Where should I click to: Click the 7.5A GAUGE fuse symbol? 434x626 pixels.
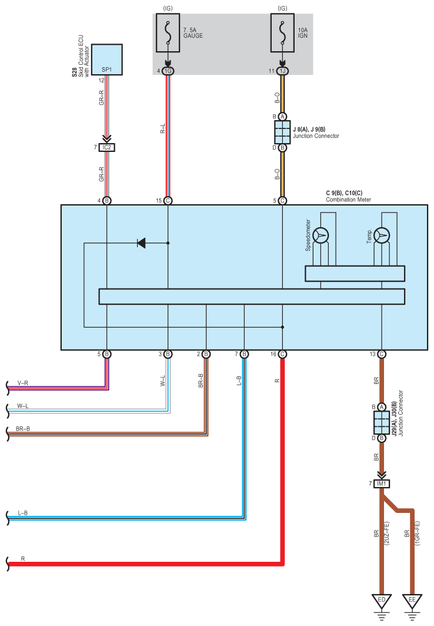168,33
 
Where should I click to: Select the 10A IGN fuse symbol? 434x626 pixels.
282,33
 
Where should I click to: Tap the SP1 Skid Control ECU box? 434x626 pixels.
107,59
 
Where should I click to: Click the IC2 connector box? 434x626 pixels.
107,147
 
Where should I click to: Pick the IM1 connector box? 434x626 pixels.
382,483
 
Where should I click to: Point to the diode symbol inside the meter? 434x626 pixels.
141,243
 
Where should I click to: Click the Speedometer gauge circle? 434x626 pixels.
321,236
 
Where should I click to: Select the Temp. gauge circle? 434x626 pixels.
382,236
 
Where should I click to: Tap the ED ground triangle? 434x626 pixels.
382,601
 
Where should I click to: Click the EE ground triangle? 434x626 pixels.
412,601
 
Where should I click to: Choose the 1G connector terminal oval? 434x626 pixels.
168,71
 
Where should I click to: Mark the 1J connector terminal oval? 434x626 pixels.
282,71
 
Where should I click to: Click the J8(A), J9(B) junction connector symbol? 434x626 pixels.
282,132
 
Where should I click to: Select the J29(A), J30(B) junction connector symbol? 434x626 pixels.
382,422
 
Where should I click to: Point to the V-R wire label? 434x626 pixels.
23,383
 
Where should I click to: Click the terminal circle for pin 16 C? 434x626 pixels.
282,354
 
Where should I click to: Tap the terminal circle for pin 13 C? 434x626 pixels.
382,354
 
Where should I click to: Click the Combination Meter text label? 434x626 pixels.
348,200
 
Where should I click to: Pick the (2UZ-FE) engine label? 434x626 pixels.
386,534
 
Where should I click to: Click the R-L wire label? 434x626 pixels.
162,128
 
